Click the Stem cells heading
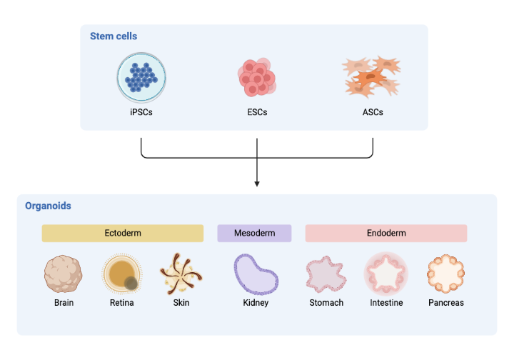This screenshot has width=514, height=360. point(114,36)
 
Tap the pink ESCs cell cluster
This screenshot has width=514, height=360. point(256,77)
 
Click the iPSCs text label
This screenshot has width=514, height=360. point(141,112)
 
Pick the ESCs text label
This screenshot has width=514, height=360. point(256,112)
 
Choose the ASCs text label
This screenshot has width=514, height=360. point(373,112)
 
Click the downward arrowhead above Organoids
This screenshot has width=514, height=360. point(257,184)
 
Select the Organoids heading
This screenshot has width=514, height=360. point(48,206)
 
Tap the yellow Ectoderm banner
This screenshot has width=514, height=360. point(122,234)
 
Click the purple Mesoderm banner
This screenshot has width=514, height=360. point(254,234)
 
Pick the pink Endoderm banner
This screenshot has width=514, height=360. point(386,234)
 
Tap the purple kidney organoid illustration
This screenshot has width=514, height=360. point(256,274)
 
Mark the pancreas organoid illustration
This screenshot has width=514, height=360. point(446,274)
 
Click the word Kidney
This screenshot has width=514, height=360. point(256,303)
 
